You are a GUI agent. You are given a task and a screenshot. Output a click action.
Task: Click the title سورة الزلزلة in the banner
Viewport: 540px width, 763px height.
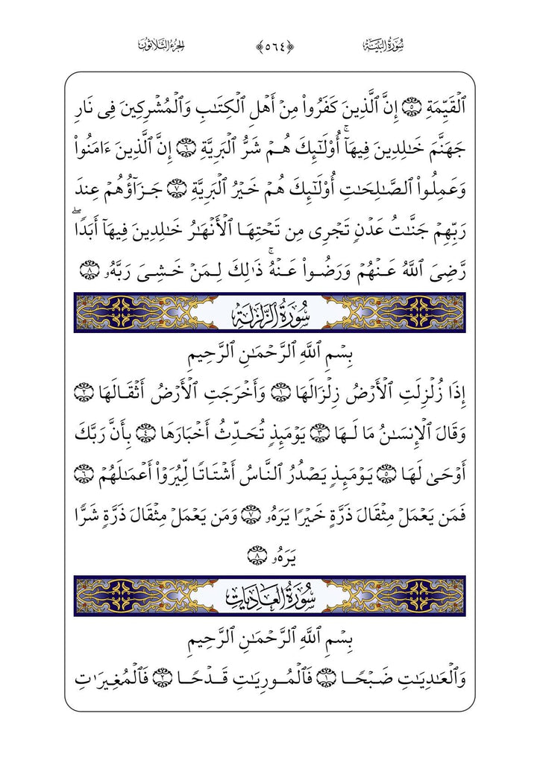click(x=269, y=312)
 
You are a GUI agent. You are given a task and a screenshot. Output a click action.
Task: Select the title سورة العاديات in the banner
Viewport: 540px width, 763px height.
click(x=269, y=595)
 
